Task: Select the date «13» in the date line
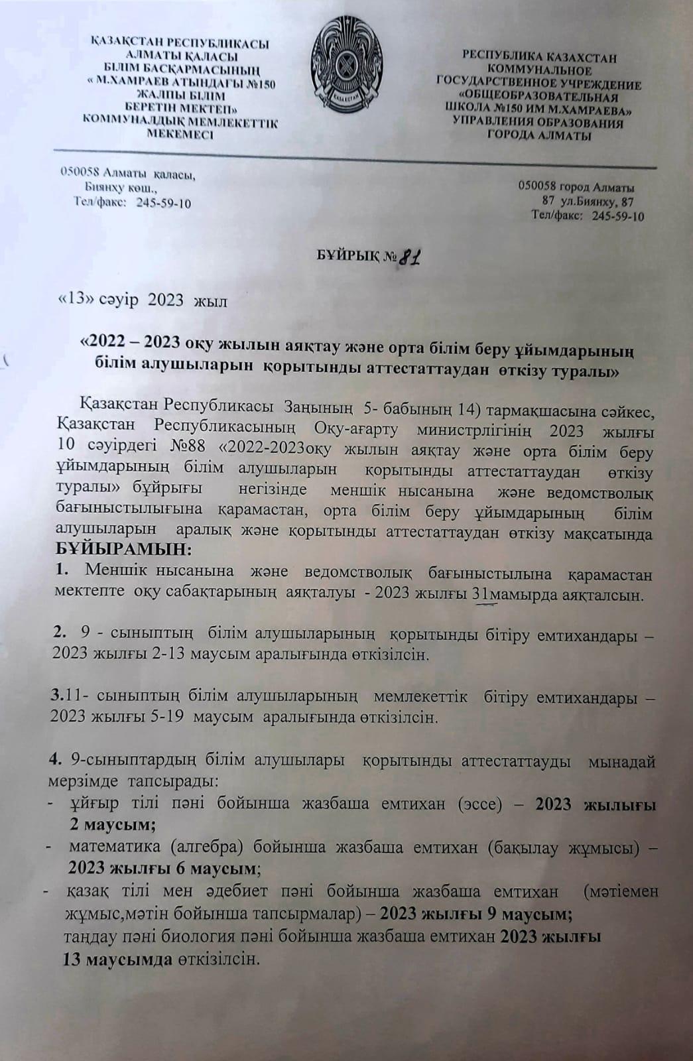[x=72, y=300]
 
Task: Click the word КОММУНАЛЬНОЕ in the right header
[x=538, y=70]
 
